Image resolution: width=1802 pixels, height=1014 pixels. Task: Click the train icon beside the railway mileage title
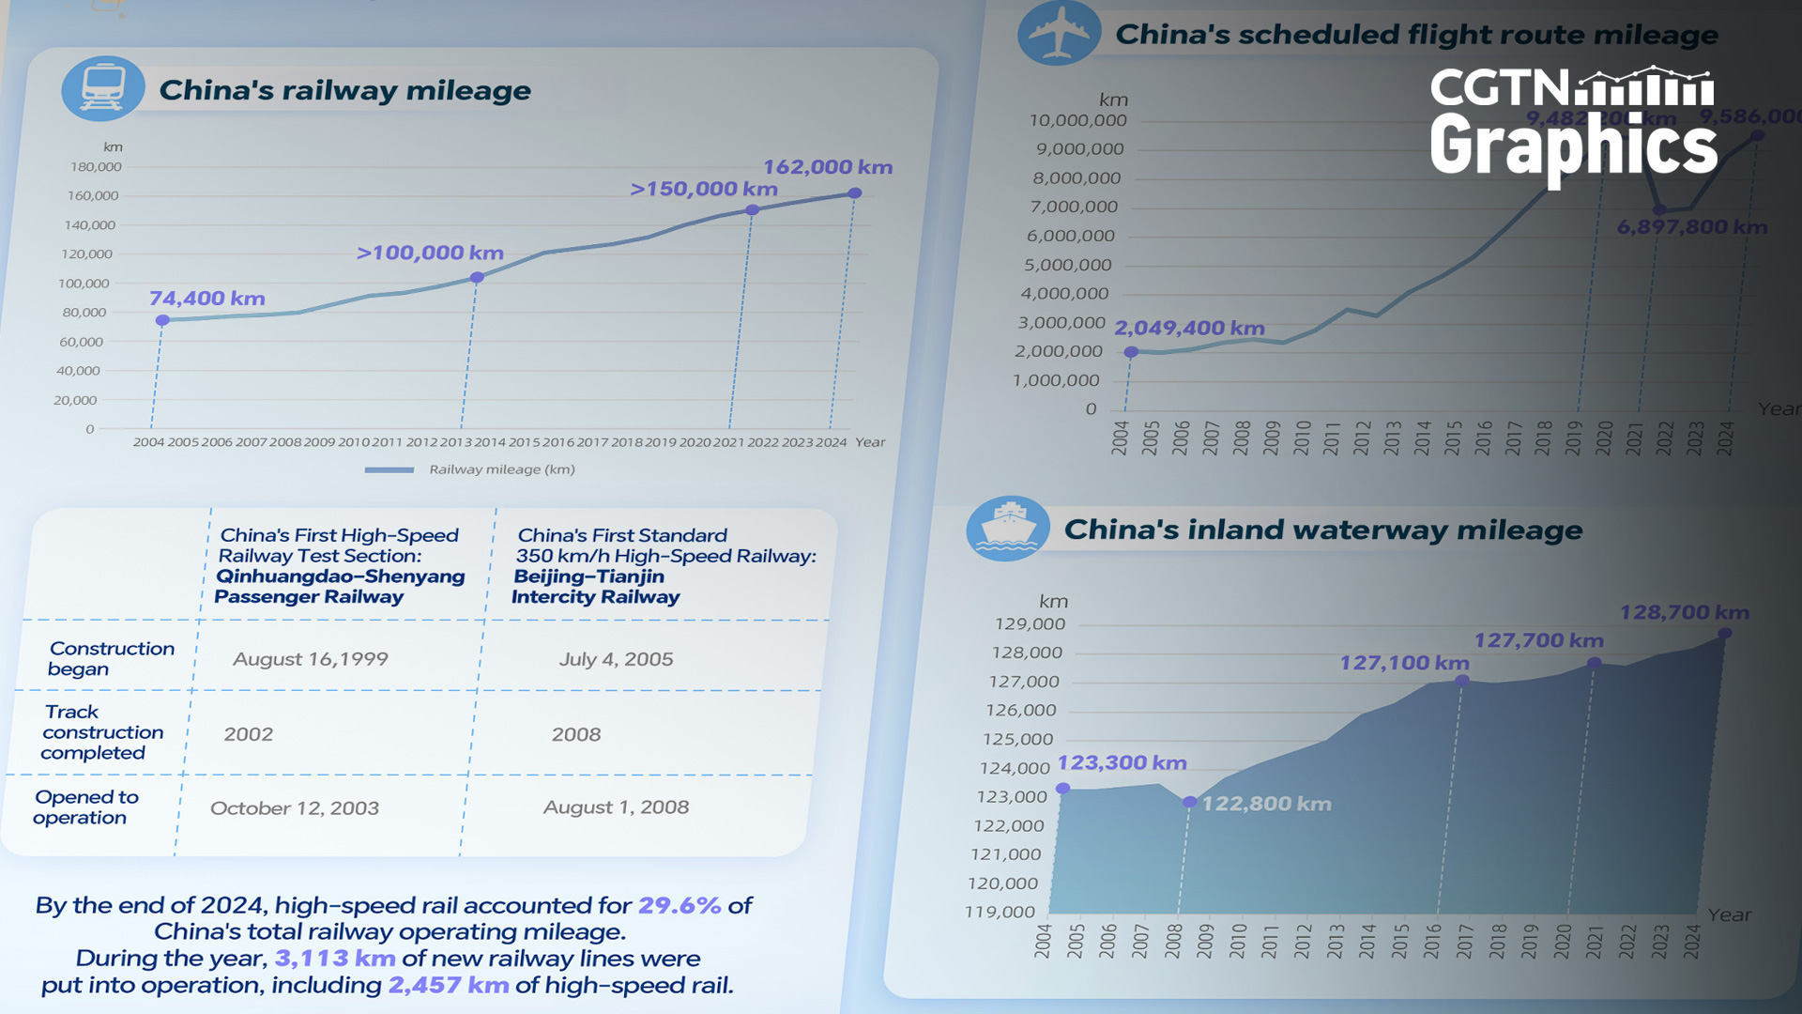pyautogui.click(x=103, y=88)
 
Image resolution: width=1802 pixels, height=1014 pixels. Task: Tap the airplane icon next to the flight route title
pyautogui.click(x=1059, y=34)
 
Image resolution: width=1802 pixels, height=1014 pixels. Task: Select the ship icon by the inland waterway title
pyautogui.click(x=1008, y=530)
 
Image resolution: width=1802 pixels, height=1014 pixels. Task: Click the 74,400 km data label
pyautogui.click(x=207, y=299)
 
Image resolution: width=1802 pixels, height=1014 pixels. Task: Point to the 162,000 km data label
pyautogui.click(x=827, y=167)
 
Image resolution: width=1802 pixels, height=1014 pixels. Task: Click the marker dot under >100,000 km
pyautogui.click(x=477, y=277)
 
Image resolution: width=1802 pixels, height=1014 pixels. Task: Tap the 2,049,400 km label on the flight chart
pyautogui.click(x=1189, y=329)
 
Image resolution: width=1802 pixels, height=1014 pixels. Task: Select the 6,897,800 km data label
pyautogui.click(x=1691, y=227)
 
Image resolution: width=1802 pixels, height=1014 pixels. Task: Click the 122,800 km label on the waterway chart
pyautogui.click(x=1266, y=804)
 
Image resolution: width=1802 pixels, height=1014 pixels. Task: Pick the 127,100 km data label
pyautogui.click(x=1404, y=663)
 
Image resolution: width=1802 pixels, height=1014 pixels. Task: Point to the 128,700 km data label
pyautogui.click(x=1684, y=612)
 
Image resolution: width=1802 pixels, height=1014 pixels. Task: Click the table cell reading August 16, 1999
pyautogui.click(x=311, y=659)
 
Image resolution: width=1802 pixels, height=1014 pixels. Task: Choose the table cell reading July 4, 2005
pyautogui.click(x=616, y=659)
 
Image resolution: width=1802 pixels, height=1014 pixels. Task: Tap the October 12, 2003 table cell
pyautogui.click(x=295, y=808)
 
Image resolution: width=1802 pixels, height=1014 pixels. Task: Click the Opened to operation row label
pyautogui.click(x=85, y=807)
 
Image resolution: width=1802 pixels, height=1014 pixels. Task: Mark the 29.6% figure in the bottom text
pyautogui.click(x=680, y=905)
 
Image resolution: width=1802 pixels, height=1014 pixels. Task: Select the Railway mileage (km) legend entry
pyautogui.click(x=501, y=469)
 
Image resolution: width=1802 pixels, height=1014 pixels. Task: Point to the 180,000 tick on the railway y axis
pyautogui.click(x=96, y=167)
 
